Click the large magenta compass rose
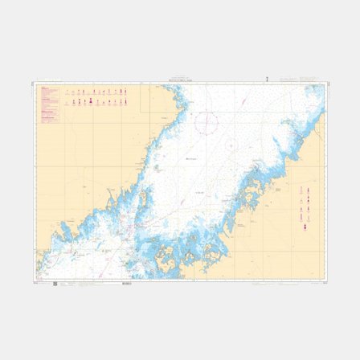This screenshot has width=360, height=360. (207, 123)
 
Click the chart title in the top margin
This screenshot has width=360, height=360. (179, 81)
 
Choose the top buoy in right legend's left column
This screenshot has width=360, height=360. (301, 190)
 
